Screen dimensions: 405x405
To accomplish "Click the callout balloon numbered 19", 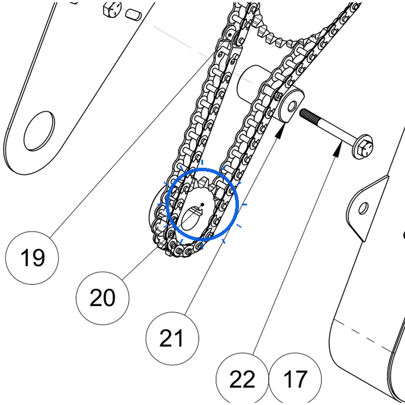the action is [32, 258].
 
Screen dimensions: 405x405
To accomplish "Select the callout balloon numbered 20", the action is [102, 298].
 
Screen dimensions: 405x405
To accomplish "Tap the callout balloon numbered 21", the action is [172, 339].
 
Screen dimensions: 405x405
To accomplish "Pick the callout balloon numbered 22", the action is [242, 379].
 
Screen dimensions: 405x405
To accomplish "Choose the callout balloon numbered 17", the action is [295, 379].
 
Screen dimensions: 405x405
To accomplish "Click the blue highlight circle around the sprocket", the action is [167, 204].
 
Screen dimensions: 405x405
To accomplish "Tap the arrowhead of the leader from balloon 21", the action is [282, 131].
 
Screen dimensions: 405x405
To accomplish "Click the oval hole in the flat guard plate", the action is [39, 131].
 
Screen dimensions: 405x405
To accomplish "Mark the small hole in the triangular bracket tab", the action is [364, 208].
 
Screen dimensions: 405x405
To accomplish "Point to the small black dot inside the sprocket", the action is [202, 204].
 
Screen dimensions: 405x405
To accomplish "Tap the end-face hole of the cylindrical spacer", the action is [293, 106].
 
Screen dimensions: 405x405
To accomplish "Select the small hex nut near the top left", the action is [112, 9].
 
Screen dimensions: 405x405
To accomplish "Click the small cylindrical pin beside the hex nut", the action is [134, 15].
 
